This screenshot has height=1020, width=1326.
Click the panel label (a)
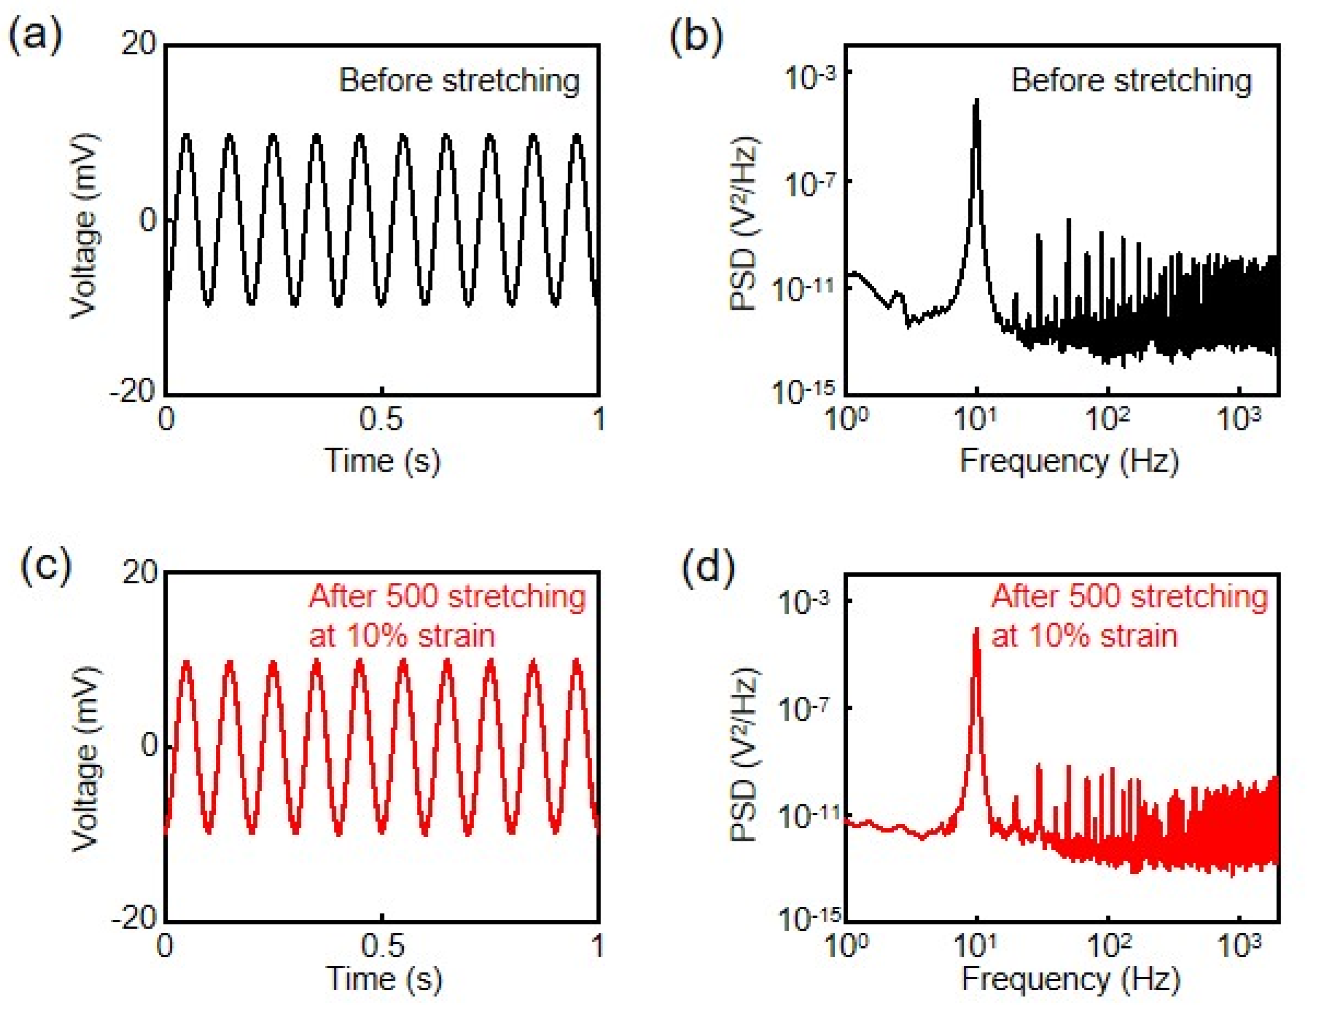coord(35,37)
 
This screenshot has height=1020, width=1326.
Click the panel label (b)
coord(696,37)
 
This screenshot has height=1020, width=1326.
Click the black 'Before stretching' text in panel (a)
coord(459,81)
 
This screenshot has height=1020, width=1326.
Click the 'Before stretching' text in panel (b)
coord(1130,81)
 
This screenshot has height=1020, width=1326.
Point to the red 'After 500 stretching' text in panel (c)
coord(447,597)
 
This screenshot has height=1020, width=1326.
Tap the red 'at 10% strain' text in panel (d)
coord(1084,636)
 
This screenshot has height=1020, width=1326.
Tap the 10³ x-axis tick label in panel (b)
coord(1239,419)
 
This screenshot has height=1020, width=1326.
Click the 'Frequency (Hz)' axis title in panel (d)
coord(1070,978)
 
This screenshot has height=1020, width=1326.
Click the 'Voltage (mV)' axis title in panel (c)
coord(85,759)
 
